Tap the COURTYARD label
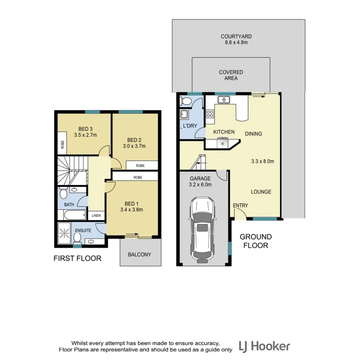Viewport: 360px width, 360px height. [x=236, y=36]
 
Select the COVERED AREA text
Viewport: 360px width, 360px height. [x=231, y=75]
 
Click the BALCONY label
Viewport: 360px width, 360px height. [x=140, y=254]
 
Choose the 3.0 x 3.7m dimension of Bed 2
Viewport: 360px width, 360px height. [x=134, y=146]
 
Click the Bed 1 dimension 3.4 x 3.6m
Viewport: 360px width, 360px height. [x=131, y=210]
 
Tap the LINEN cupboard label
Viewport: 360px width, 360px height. [x=96, y=216]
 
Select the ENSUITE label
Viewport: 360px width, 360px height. [x=83, y=230]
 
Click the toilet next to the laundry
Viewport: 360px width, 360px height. [x=185, y=101]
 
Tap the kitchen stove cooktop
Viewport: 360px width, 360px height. [x=210, y=114]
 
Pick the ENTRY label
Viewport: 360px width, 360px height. [x=240, y=206]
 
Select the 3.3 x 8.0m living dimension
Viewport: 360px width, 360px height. [x=262, y=162]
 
